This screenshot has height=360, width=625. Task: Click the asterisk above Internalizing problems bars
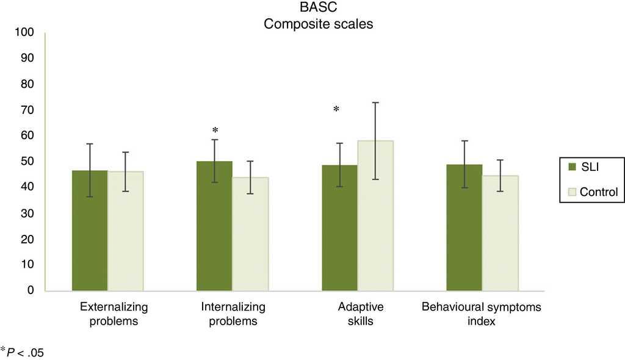tap(215, 131)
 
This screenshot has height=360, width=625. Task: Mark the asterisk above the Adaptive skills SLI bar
tap(336, 110)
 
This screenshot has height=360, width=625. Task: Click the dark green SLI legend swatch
tap(571, 166)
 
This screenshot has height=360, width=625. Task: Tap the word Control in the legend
tap(598, 192)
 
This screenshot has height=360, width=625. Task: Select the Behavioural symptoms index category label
tap(482, 314)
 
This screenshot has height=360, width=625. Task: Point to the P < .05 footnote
tap(24, 352)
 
